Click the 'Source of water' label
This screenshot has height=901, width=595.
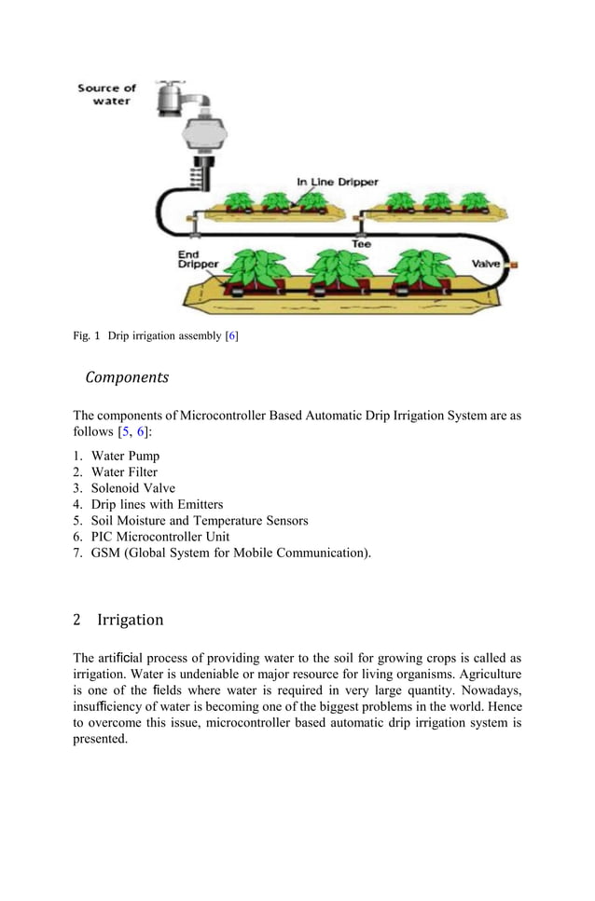click(106, 94)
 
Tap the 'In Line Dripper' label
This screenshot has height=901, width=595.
click(337, 182)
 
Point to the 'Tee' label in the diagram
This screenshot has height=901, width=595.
click(361, 243)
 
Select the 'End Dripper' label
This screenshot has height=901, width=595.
click(198, 259)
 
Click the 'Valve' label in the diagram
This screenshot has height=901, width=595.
click(486, 264)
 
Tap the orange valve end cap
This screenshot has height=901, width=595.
click(512, 265)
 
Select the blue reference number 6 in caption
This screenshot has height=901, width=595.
click(232, 335)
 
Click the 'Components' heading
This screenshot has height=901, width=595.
click(127, 377)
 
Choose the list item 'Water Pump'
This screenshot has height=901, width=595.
click(125, 456)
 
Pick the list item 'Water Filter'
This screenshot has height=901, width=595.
click(124, 472)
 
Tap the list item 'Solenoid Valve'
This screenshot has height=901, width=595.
click(132, 488)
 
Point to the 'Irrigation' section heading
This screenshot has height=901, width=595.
click(130, 620)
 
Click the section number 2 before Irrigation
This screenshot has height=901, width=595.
click(77, 620)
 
